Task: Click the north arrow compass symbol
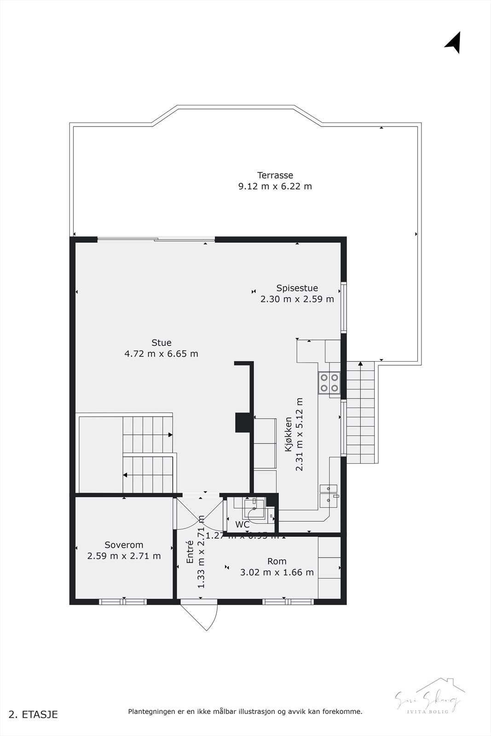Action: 454,42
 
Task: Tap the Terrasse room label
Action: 275,175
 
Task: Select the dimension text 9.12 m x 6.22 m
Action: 275,186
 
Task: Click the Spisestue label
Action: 297,288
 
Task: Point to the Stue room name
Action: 162,343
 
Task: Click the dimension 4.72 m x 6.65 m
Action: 162,354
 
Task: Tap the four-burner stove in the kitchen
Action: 329,382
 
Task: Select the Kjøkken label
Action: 289,434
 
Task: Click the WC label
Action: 243,524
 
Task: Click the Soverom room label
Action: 124,545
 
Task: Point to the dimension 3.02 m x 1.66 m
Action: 277,573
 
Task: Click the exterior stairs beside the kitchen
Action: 361,414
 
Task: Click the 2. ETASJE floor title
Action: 34,714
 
